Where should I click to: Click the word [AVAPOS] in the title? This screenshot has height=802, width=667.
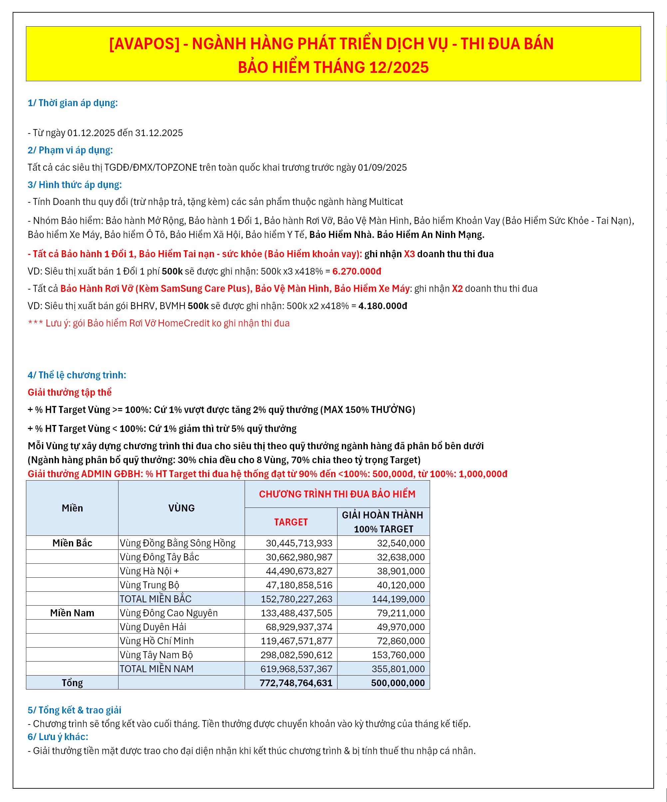point(144,44)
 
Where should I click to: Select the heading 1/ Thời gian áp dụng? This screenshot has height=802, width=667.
point(73,103)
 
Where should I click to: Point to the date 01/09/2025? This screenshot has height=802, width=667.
point(382,167)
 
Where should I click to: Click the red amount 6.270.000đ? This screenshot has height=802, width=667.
point(356,271)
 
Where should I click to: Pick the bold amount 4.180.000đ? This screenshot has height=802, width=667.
point(382,306)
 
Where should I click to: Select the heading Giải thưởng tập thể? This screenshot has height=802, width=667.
point(70,392)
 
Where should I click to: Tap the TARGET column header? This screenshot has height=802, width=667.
point(291,522)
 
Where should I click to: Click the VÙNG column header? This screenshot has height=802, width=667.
point(181,508)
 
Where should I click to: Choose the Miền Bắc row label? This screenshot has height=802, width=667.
point(72,543)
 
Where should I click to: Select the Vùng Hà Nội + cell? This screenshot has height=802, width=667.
point(149,571)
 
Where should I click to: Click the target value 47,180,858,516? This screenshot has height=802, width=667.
point(299,585)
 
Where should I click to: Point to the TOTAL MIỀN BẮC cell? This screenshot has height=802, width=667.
point(155,599)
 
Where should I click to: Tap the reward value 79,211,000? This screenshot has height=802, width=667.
point(400,613)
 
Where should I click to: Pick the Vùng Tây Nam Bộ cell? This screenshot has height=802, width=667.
point(156,655)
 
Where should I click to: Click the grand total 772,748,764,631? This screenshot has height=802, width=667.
point(296,683)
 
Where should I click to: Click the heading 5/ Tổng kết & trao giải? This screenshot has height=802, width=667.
point(75,710)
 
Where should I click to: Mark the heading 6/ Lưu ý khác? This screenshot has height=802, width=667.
point(58,737)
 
